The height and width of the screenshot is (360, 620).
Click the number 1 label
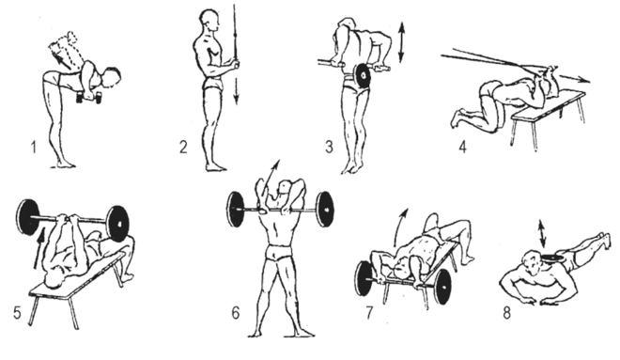[x=34, y=148]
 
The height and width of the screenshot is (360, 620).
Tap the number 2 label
[x=183, y=148]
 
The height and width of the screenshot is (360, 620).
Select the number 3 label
[x=329, y=147]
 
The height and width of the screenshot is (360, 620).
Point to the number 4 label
[x=462, y=147]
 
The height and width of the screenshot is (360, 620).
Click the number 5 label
[x=17, y=313]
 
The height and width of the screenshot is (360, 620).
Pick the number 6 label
[x=236, y=313]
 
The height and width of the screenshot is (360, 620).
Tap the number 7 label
[x=369, y=313]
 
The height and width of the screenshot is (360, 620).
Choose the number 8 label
[x=507, y=313]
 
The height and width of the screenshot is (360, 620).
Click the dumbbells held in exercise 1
[x=88, y=98]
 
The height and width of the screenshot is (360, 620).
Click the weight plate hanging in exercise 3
[x=363, y=77]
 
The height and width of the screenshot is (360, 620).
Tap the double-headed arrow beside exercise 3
[x=401, y=42]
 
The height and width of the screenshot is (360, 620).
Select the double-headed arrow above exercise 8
[x=542, y=234]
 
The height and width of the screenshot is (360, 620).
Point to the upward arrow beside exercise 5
[x=39, y=250]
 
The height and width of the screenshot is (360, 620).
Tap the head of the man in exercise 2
[x=210, y=23]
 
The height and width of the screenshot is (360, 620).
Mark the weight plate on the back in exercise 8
[x=552, y=258]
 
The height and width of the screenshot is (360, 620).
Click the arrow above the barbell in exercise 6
[x=272, y=173]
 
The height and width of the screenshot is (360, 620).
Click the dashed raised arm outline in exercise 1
[x=64, y=50]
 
